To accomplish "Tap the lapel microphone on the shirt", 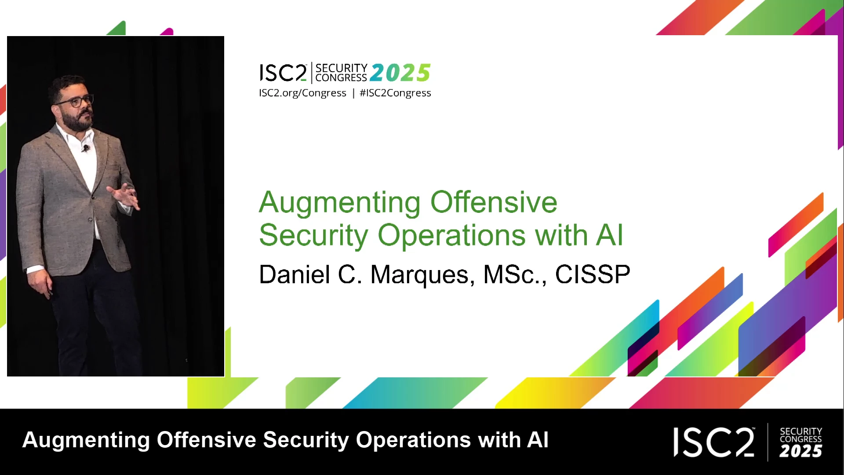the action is [86, 148].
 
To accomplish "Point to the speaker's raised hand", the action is [124, 195].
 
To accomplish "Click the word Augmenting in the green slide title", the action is [340, 203].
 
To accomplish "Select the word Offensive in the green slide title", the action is [494, 202].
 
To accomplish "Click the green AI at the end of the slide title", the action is [610, 235].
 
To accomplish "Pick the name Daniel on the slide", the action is [295, 274].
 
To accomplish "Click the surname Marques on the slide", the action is [423, 275].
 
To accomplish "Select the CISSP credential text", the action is [593, 274].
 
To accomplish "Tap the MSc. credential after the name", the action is [515, 275].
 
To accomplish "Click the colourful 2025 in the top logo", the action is [400, 73].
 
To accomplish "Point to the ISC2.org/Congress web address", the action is [302, 93].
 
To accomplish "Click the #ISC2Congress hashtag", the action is [395, 93].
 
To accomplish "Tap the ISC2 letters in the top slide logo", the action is [283, 73].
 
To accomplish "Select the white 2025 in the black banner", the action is [800, 451].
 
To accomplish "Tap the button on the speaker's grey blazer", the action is [90, 219].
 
